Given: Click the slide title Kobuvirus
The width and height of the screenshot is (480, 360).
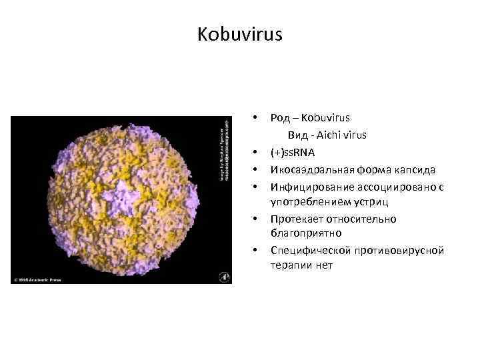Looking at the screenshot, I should point(240,35).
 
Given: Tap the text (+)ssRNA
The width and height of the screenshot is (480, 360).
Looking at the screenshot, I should point(293,152).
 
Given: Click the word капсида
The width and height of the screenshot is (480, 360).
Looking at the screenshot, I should point(417,169).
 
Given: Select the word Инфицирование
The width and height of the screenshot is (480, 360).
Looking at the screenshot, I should point(306,186).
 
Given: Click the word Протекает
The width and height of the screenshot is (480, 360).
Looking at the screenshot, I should point(295,219).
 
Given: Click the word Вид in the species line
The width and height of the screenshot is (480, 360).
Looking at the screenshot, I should point(297,135).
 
